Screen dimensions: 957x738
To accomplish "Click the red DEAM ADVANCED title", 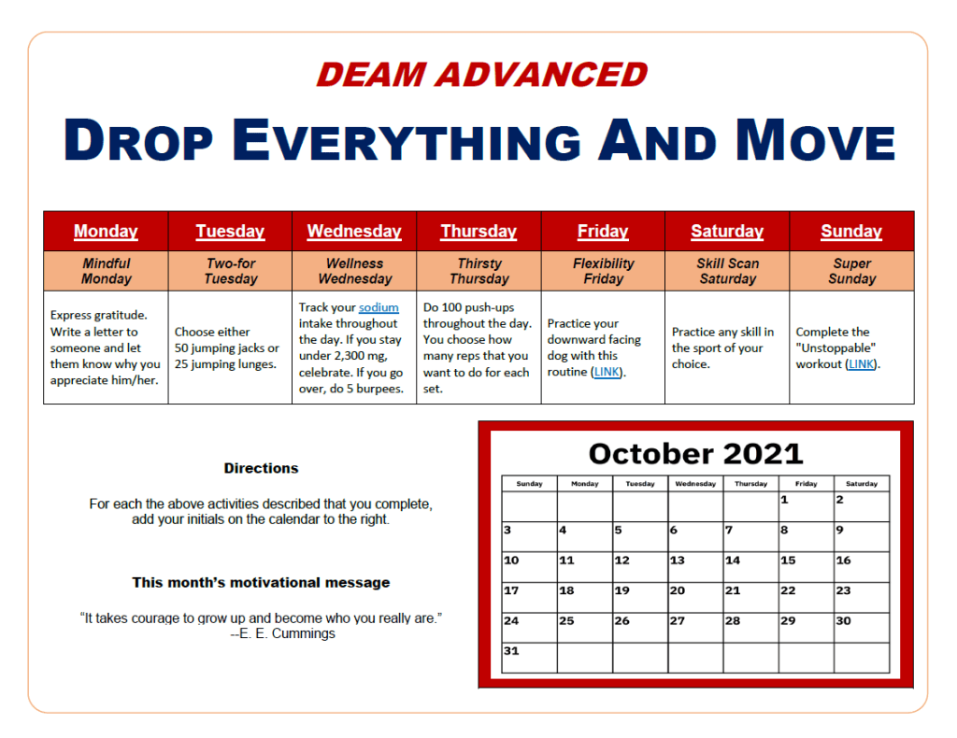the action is [481, 75].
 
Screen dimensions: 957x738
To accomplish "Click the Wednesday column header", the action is [354, 231].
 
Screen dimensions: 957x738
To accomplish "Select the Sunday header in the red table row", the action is [850, 231].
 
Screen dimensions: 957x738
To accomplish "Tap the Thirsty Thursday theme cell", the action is [479, 271].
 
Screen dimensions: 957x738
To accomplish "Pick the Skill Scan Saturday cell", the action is [727, 271].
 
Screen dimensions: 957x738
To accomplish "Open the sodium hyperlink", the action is [379, 307].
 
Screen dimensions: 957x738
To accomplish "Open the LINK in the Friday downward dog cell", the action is [607, 372].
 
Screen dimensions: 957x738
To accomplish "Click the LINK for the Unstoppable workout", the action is [861, 364].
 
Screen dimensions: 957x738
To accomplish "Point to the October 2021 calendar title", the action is [695, 454].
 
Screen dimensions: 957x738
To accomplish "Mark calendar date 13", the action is [678, 560].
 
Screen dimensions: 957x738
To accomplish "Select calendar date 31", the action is [511, 651].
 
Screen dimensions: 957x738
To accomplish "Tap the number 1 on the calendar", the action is [784, 500].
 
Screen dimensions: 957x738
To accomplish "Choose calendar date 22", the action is [788, 590].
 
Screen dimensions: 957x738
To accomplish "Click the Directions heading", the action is [262, 468].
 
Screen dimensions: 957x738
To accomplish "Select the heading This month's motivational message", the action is [262, 583].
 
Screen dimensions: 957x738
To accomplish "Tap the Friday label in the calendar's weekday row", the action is [806, 484].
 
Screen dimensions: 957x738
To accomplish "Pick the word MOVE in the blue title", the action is [815, 141].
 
